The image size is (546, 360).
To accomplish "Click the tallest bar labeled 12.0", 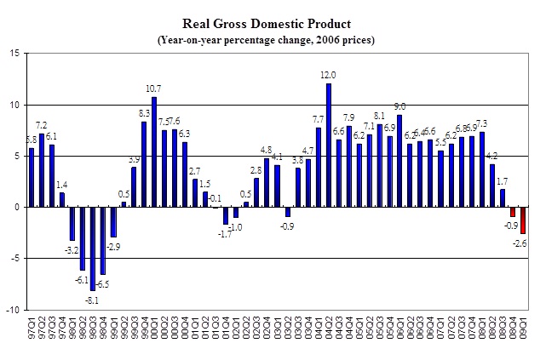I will coord(329,145).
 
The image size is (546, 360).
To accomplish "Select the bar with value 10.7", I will coord(154,151).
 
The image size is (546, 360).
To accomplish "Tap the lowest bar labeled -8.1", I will coord(93,249).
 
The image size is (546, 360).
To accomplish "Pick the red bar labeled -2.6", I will coord(523,220).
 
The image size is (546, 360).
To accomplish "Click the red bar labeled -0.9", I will coord(513,212).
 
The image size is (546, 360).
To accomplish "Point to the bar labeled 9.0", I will coord(399,161).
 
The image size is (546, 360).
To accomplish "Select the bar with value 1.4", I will coord(62,199).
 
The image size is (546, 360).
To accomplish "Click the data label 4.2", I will coord(491,156).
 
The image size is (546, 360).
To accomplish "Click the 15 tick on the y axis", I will coord(14,54).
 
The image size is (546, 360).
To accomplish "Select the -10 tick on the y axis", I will coord(13,310).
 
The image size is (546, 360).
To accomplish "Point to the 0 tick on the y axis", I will coord(17,207).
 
